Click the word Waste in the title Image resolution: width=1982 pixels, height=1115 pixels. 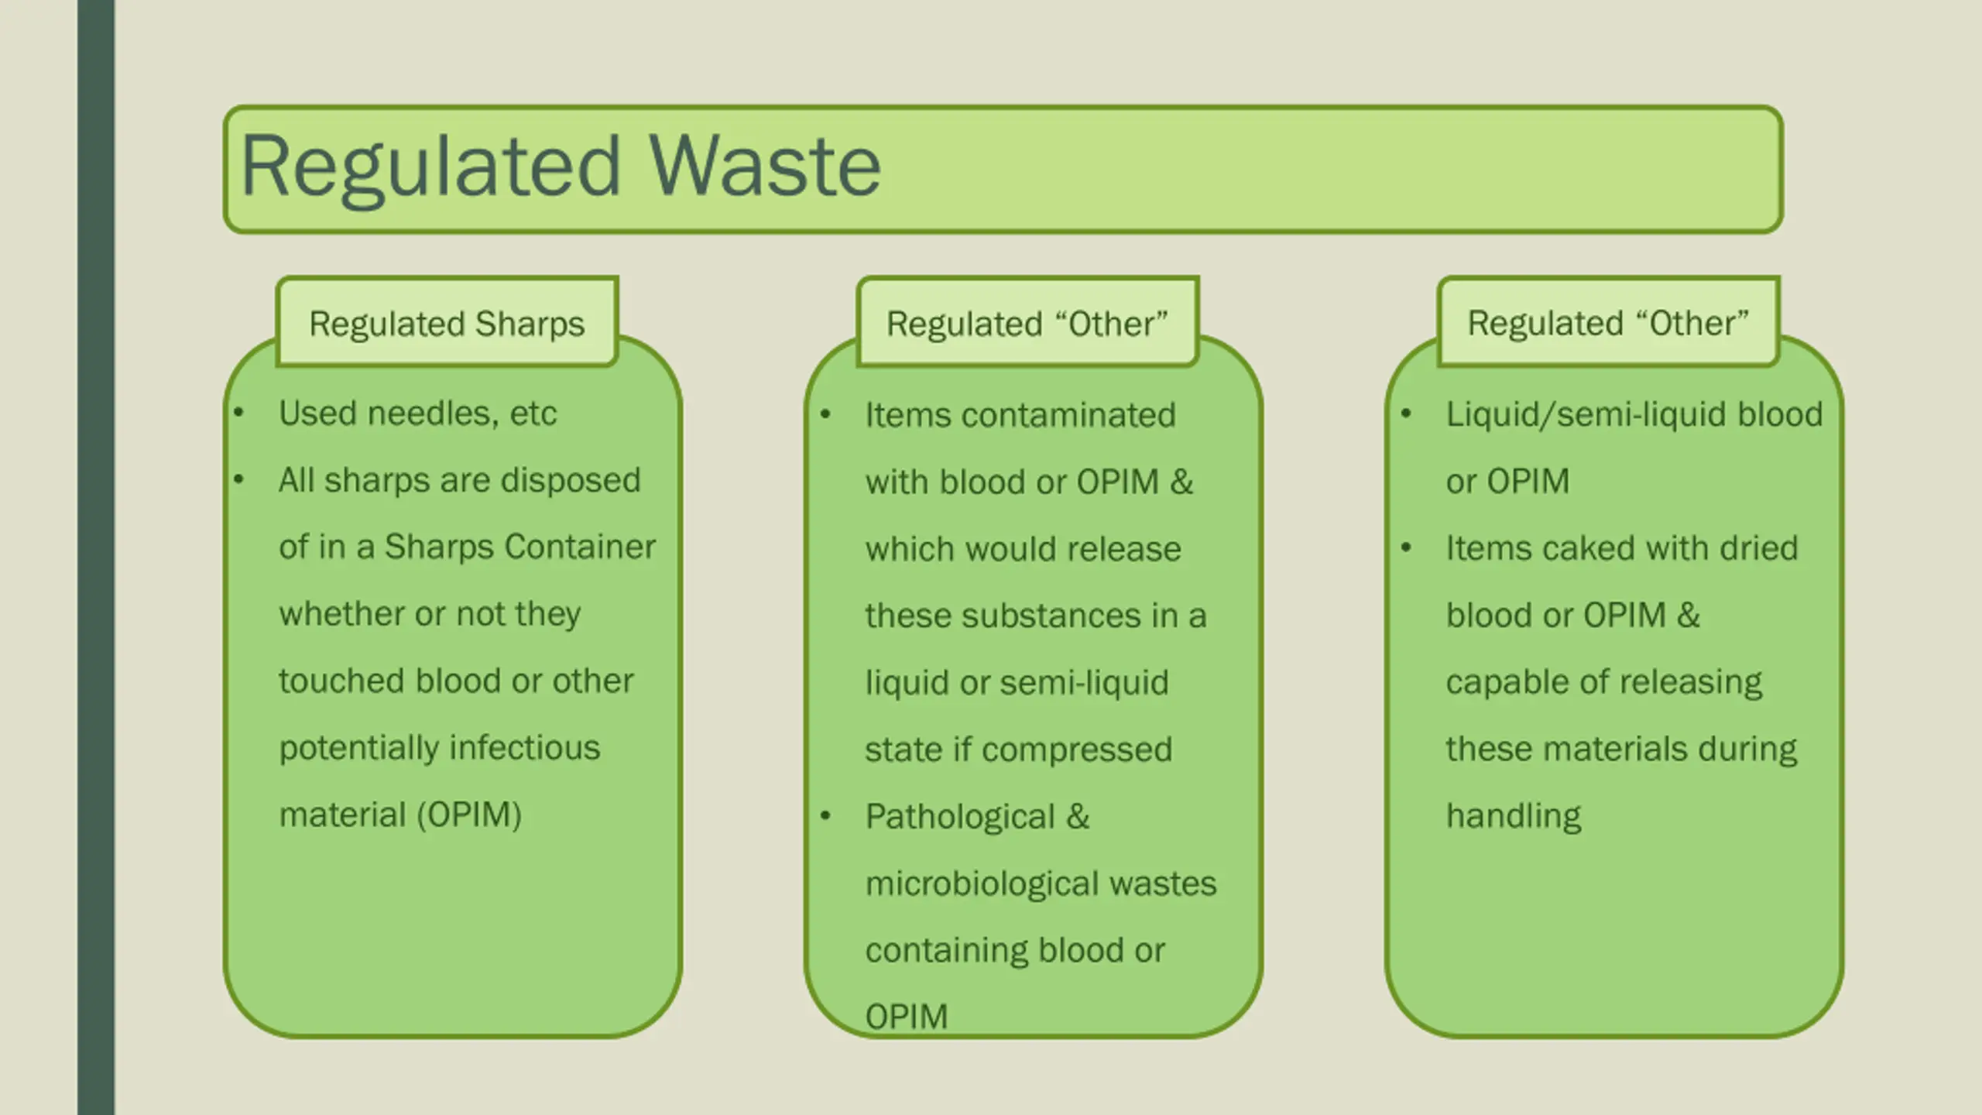(765, 166)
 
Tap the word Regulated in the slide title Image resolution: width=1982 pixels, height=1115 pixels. (430, 166)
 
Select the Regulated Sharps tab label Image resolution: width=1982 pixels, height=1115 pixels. (447, 324)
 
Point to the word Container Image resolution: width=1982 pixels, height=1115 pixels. (581, 547)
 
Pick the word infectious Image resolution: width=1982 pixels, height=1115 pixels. (524, 748)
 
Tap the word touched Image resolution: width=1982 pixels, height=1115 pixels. (341, 681)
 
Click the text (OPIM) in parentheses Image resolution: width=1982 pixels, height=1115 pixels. (469, 815)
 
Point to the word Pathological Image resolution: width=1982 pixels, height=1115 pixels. (960, 817)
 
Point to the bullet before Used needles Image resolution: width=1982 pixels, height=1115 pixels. (239, 413)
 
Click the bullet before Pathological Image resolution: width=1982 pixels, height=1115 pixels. (825, 815)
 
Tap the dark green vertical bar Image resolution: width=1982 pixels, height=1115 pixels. (96, 557)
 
